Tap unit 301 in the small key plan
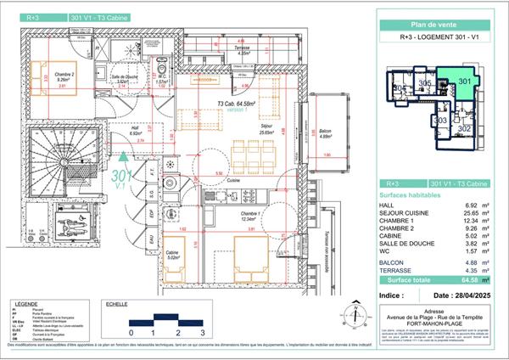click(464, 82)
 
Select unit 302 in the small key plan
click(464, 128)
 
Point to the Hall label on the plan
click(111, 129)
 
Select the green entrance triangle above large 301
click(125, 155)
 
